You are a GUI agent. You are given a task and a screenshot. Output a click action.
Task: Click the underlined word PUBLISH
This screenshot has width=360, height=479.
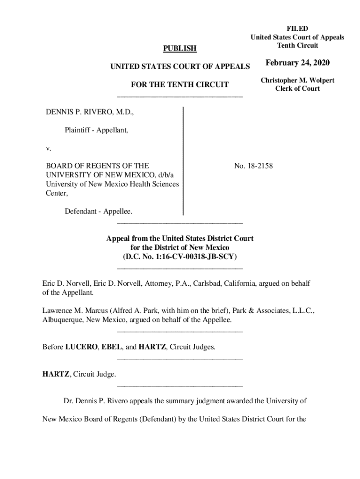point(180,49)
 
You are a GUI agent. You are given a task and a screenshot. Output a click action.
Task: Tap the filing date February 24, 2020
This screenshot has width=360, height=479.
point(297,63)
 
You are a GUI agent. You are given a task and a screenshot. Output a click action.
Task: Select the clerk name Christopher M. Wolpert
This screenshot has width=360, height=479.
point(297,80)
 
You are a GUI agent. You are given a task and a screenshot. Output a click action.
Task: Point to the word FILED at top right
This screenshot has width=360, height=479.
point(297,29)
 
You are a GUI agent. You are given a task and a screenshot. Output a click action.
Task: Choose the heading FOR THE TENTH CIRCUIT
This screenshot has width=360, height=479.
point(180,85)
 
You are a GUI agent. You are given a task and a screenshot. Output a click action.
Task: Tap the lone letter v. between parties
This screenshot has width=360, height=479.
point(48,148)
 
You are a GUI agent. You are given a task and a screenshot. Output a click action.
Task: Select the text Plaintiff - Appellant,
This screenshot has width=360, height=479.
point(96,131)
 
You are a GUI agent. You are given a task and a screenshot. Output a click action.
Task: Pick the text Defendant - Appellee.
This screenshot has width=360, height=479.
point(98,211)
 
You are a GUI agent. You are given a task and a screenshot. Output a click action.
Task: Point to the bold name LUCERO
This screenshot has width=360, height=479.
point(81,347)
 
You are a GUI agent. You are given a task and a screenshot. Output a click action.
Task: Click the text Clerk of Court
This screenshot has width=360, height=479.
point(297,89)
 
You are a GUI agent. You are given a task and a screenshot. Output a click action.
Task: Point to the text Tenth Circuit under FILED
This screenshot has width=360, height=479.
point(297,45)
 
